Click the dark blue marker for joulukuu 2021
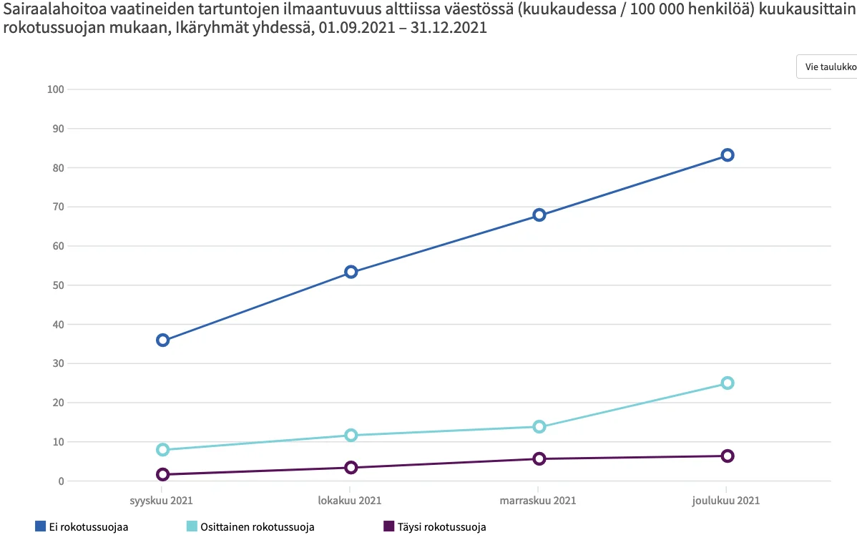click(x=727, y=155)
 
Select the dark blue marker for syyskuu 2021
click(x=163, y=340)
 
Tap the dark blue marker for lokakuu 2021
click(x=351, y=272)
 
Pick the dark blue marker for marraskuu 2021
click(x=539, y=215)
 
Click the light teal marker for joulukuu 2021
click(x=727, y=383)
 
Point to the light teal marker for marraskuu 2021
click(x=539, y=427)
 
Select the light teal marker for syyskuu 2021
click(x=163, y=450)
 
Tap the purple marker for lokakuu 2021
click(x=351, y=468)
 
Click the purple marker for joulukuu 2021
click(x=727, y=456)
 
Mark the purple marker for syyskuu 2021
click(x=163, y=474)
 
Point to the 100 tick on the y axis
click(x=55, y=89)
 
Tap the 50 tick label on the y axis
click(x=57, y=285)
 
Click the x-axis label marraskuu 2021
click(x=539, y=501)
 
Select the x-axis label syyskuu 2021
click(x=161, y=501)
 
